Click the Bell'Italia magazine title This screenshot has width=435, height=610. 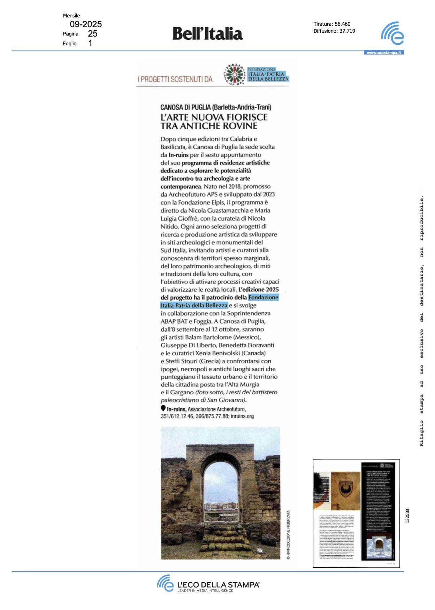click(207, 34)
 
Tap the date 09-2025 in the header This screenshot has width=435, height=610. click(86, 24)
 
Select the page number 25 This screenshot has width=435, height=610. click(93, 34)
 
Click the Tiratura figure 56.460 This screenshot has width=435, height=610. click(342, 24)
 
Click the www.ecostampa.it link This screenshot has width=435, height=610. click(384, 53)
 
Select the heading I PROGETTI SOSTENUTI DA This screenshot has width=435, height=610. click(175, 79)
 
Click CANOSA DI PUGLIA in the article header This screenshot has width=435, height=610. click(185, 107)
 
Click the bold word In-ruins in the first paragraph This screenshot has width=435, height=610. click(178, 155)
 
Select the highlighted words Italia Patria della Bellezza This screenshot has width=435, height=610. click(194, 306)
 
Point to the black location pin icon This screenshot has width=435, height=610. click(163, 408)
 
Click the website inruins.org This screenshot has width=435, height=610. click(242, 416)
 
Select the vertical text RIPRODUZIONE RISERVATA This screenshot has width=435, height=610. click(288, 535)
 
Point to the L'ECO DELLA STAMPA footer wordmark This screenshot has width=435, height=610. click(218, 585)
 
